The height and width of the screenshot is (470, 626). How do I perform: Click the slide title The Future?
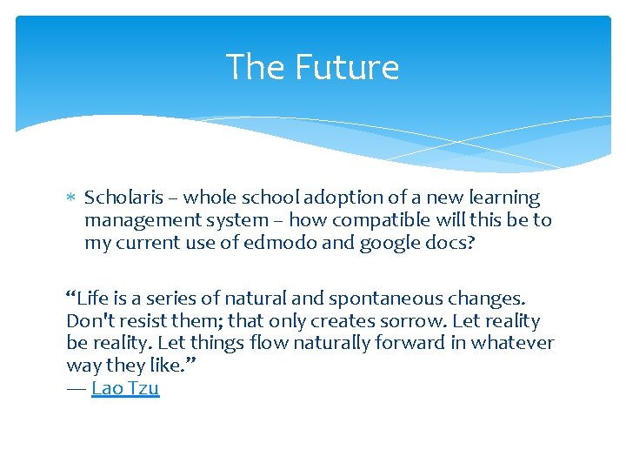(x=312, y=67)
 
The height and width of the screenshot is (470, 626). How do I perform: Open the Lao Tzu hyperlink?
(x=125, y=388)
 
